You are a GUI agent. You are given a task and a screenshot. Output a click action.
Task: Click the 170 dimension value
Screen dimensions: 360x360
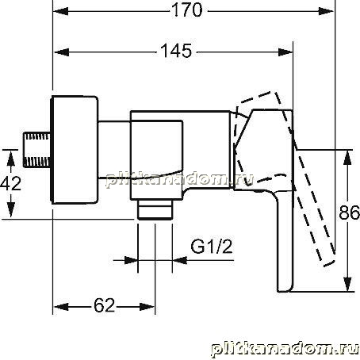187,10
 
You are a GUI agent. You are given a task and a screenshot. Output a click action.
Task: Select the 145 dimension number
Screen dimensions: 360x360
176,51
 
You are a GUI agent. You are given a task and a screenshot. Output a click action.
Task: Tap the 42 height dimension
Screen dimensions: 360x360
10,183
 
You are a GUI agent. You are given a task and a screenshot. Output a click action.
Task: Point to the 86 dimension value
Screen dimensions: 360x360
350,212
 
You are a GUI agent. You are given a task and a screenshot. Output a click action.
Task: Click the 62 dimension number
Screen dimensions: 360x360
105,305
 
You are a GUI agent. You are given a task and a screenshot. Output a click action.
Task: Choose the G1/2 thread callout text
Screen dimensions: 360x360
212,247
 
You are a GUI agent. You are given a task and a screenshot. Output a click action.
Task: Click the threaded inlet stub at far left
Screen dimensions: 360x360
37,150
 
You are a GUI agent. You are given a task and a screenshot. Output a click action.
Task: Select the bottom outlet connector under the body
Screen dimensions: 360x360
155,209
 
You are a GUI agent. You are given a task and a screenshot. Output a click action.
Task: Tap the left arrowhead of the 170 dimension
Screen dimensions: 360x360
60,11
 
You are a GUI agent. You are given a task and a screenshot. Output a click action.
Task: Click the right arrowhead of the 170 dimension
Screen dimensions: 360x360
326,11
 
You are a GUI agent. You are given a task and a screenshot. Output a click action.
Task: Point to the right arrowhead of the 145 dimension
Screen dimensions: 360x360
285,52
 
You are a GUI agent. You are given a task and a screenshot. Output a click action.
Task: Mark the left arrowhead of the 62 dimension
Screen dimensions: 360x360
61,307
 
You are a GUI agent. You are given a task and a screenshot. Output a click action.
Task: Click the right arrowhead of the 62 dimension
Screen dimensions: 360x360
147,307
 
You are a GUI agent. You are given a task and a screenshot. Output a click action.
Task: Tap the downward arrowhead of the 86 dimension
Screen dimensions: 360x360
349,284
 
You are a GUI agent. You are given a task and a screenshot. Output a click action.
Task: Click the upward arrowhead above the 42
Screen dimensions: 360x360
10,158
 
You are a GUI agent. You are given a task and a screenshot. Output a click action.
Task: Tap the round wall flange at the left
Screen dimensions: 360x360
75,150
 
